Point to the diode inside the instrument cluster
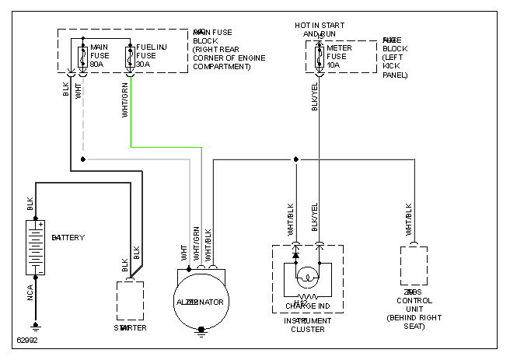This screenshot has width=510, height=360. [296, 254]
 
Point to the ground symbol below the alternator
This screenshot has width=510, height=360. [201, 331]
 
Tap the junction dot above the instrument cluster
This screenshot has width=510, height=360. [296, 159]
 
